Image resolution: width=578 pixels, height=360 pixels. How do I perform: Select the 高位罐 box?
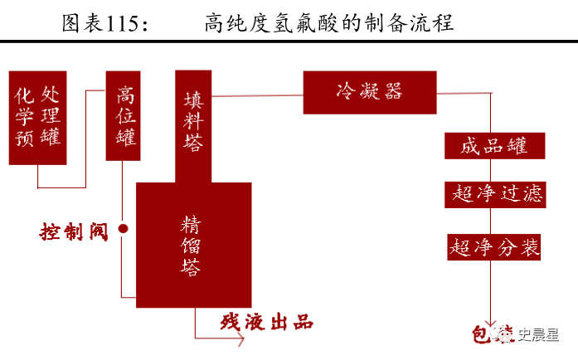point(123,115)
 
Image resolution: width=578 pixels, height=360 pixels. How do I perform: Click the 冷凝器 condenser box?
point(369,92)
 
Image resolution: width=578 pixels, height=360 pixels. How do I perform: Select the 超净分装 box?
point(495,246)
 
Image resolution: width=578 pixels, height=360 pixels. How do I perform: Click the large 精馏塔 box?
point(193,245)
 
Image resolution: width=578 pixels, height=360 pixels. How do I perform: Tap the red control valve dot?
point(123,228)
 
